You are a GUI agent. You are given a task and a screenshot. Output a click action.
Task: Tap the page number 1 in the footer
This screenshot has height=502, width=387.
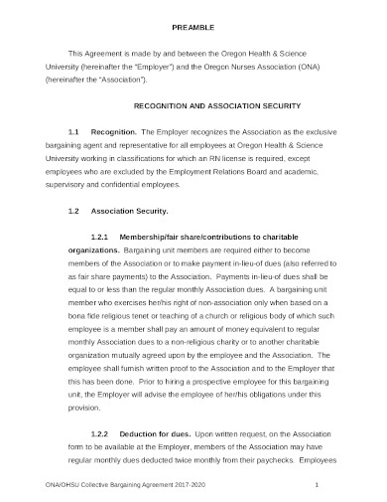pos(315,484)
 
